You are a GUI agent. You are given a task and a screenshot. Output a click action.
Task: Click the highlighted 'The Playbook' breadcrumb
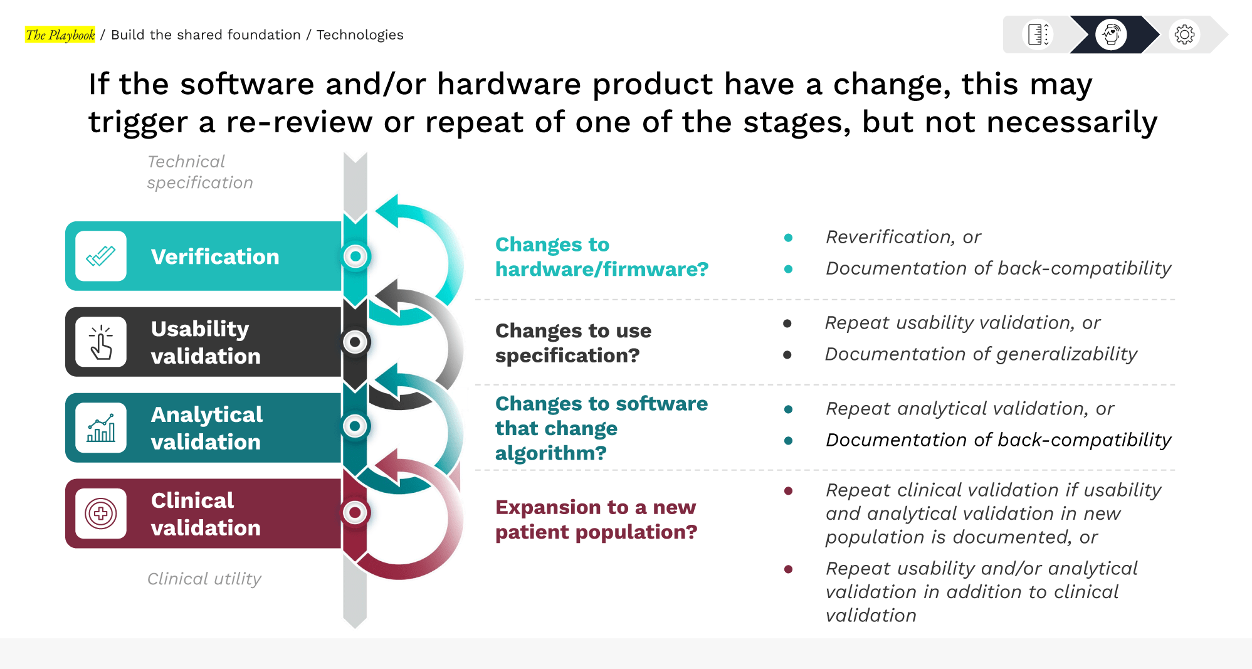click(60, 35)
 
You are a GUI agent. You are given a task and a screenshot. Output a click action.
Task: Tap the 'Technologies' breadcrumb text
click(360, 35)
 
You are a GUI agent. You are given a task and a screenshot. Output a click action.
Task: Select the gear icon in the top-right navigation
click(1184, 34)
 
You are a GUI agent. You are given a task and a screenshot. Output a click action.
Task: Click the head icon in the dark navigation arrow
click(1111, 34)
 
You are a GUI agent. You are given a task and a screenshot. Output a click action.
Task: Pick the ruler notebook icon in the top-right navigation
click(1038, 34)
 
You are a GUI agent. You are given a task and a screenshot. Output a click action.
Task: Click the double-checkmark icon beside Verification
click(101, 256)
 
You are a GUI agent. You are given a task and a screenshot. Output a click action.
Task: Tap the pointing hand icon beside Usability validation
click(101, 342)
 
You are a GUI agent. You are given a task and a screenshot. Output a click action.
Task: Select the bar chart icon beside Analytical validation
click(101, 428)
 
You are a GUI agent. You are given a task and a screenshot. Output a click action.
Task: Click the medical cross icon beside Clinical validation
click(101, 514)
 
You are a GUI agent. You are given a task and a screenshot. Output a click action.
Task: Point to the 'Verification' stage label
click(215, 256)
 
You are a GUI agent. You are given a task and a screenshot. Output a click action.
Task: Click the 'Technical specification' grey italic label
click(200, 172)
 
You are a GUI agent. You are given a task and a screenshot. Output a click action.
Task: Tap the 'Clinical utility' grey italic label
click(204, 578)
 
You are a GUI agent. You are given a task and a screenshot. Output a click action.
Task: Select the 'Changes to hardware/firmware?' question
click(602, 256)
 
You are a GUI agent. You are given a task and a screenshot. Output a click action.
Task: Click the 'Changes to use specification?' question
click(573, 343)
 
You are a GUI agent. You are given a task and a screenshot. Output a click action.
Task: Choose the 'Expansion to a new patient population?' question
click(596, 519)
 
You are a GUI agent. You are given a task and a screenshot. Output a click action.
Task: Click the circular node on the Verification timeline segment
click(355, 256)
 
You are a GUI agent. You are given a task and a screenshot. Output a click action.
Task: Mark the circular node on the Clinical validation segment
click(355, 513)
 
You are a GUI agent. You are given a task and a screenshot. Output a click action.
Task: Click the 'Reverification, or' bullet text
click(903, 237)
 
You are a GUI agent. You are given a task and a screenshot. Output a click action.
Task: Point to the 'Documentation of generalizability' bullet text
click(981, 354)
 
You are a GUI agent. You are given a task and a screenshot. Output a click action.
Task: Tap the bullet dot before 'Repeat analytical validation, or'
click(788, 409)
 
